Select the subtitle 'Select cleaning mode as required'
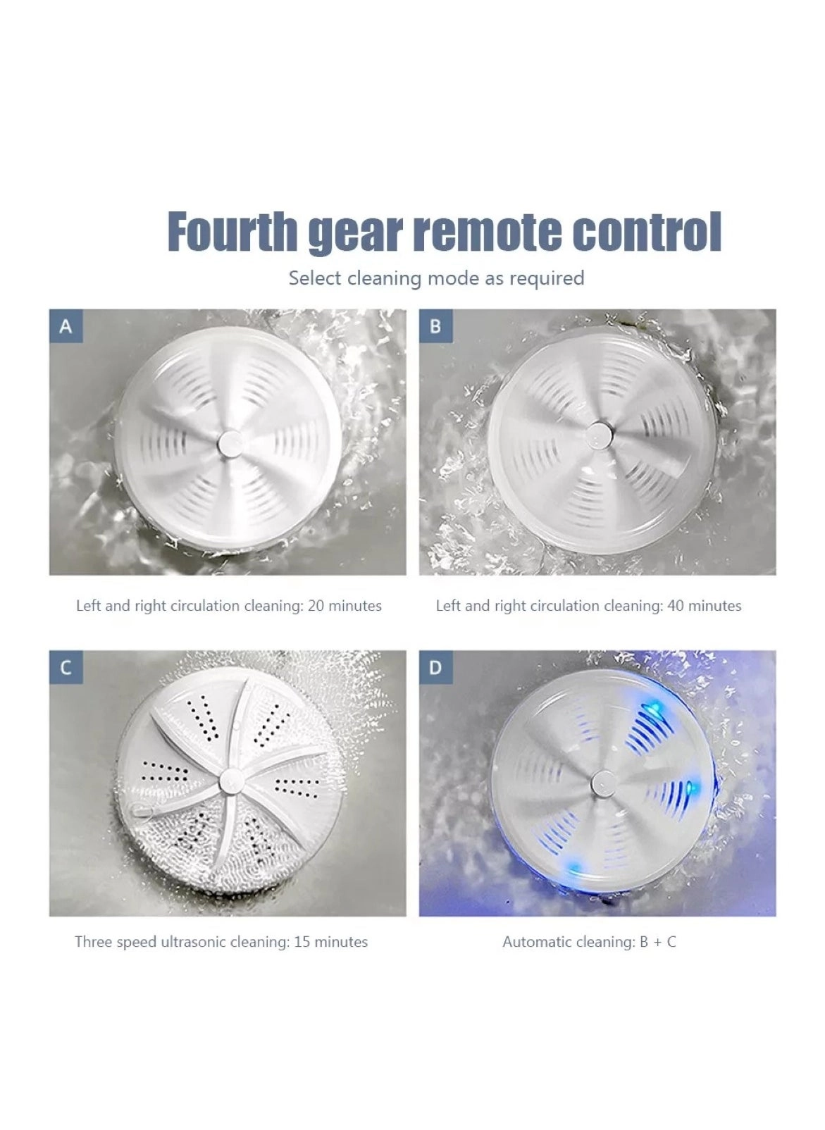(436, 278)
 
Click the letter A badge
(66, 326)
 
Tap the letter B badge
(435, 326)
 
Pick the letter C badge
(66, 666)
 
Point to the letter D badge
(435, 666)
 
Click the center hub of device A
(230, 442)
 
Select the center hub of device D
(600, 781)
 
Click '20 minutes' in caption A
(345, 606)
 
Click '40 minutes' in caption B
(705, 606)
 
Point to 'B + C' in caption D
(658, 942)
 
